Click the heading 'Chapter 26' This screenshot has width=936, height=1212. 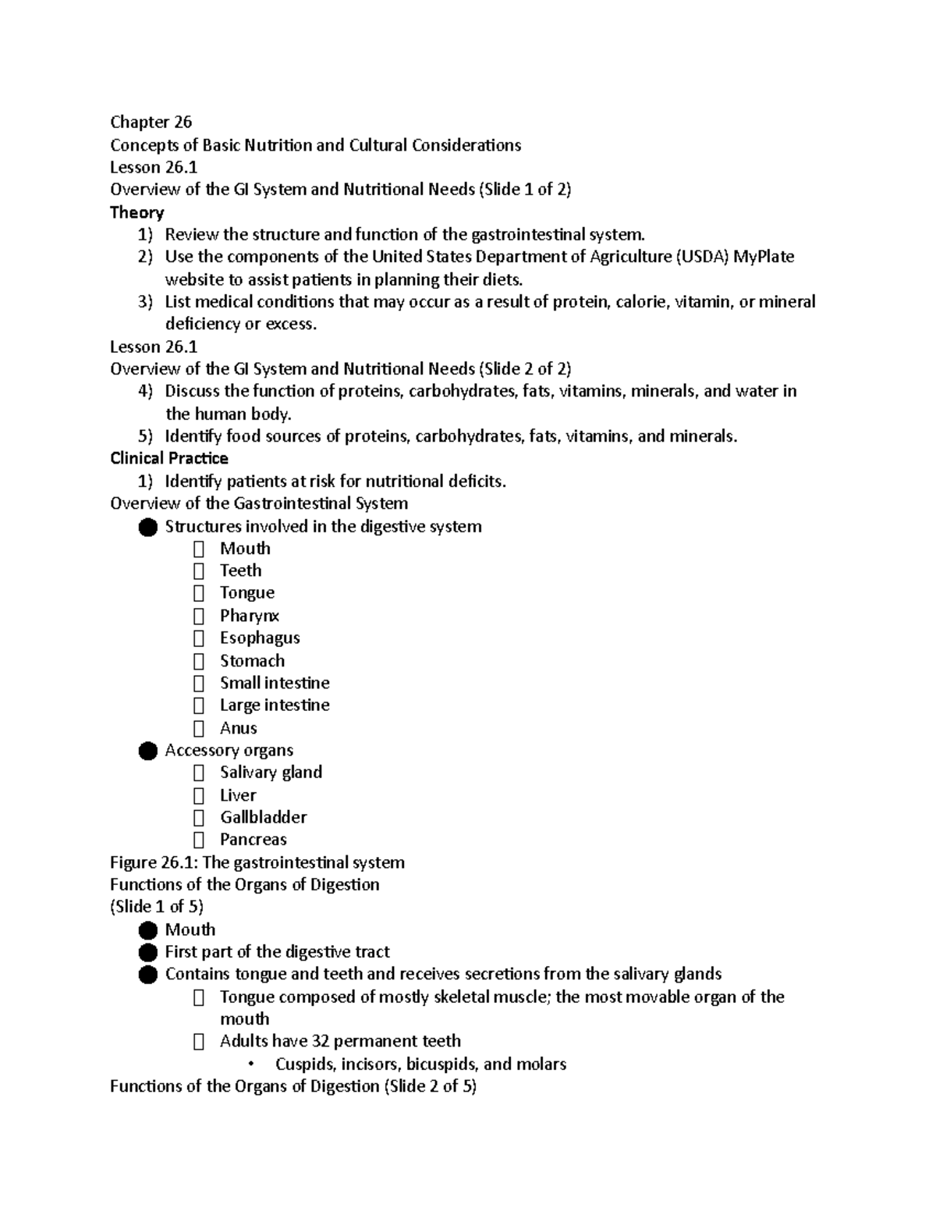151,122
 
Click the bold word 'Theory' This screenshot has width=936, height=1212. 136,212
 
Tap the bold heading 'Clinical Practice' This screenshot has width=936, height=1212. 169,458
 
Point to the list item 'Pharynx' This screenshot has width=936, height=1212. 249,616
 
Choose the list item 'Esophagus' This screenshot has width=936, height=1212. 260,638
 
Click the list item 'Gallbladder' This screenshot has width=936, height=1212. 263,817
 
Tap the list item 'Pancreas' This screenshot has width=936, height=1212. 253,840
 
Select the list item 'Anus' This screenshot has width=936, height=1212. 238,728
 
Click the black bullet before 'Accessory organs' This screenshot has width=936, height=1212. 147,751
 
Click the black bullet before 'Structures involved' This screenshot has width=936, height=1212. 147,527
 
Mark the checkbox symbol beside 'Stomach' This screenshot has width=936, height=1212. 199,661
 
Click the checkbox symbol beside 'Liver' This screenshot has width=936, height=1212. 199,795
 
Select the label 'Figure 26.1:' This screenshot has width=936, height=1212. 154,862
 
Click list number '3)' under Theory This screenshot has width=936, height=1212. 145,302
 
